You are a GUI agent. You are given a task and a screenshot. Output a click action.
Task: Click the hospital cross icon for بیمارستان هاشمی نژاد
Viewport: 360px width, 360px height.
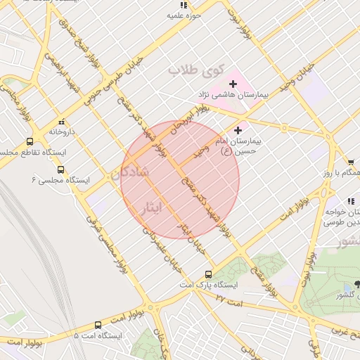click(x=233, y=84)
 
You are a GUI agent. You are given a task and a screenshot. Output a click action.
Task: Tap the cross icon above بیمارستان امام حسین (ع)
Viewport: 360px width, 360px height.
click(x=238, y=130)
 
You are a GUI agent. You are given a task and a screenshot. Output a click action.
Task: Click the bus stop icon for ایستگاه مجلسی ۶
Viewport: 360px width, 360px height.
click(x=60, y=169)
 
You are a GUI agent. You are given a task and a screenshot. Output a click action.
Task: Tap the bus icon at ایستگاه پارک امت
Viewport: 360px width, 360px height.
click(x=208, y=274)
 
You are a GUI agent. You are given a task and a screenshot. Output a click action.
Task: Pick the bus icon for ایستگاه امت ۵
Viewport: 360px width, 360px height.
click(x=98, y=325)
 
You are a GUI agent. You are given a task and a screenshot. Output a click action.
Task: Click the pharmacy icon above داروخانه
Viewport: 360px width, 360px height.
click(x=62, y=121)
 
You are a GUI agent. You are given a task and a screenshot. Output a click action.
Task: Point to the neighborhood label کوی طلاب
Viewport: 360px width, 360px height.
click(x=195, y=71)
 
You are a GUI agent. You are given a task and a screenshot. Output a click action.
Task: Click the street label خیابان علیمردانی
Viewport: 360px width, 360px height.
click(x=167, y=246)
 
